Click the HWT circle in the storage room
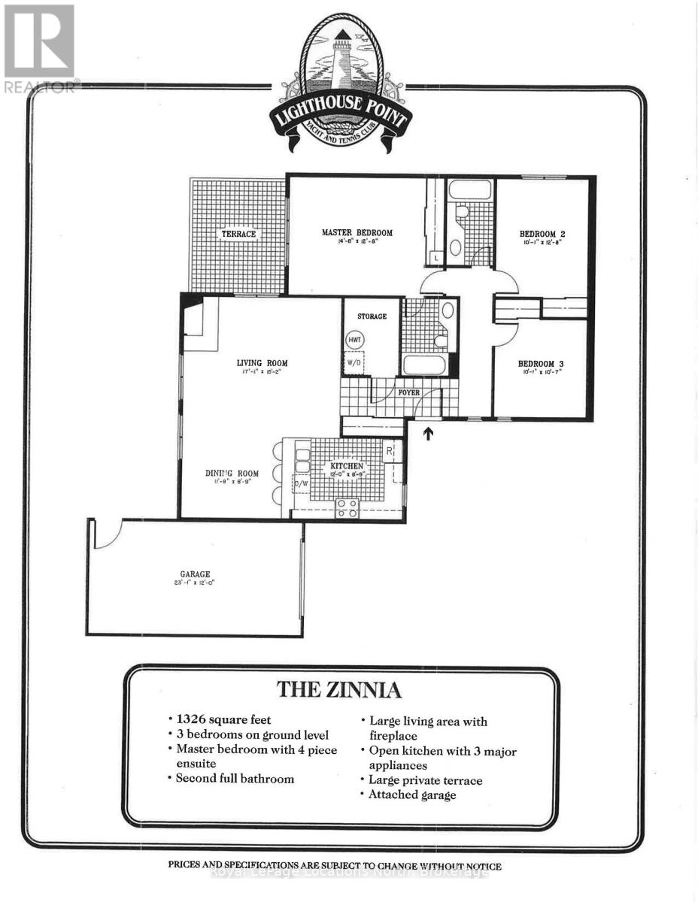point(355,340)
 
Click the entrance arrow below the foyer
point(428,434)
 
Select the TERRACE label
point(238,234)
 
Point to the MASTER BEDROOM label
point(357,233)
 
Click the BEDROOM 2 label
point(542,233)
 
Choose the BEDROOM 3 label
point(541,364)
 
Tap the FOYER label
point(409,392)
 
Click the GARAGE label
point(194,574)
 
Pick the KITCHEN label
point(347,467)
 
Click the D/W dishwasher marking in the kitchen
point(302,484)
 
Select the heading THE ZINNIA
point(340,689)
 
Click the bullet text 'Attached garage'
point(412,795)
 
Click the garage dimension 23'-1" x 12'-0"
point(194,584)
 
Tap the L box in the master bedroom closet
point(437,259)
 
